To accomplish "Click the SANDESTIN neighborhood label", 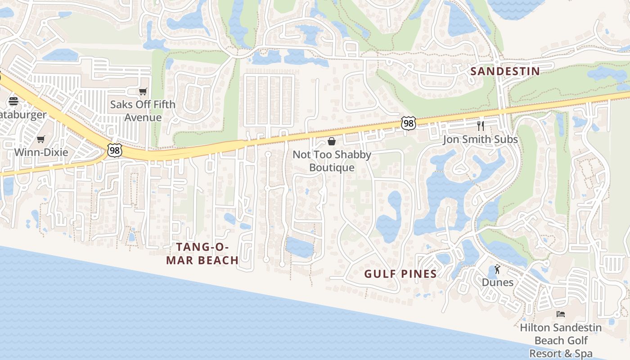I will [505, 71].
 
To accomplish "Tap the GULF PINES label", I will [400, 274].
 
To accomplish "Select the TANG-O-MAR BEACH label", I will [202, 253].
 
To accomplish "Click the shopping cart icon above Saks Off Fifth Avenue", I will [143, 92].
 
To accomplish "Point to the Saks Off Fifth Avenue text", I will [143, 111].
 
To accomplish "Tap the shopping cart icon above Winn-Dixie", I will [41, 139].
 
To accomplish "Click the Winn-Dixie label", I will [41, 152].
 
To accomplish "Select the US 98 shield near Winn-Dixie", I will [115, 150].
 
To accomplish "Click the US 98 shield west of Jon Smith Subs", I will [408, 123].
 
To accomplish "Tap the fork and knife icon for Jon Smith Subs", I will [481, 126].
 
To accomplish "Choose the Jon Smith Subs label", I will [480, 139].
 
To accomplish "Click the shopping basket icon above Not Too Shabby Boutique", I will [332, 142].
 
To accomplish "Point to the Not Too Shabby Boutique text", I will [332, 161].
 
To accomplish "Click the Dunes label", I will [497, 282].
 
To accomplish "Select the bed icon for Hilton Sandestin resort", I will [560, 314].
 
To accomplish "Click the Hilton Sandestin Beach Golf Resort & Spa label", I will [560, 340].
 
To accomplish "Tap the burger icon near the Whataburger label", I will [13, 101].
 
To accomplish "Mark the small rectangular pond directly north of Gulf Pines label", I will [299, 247].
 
